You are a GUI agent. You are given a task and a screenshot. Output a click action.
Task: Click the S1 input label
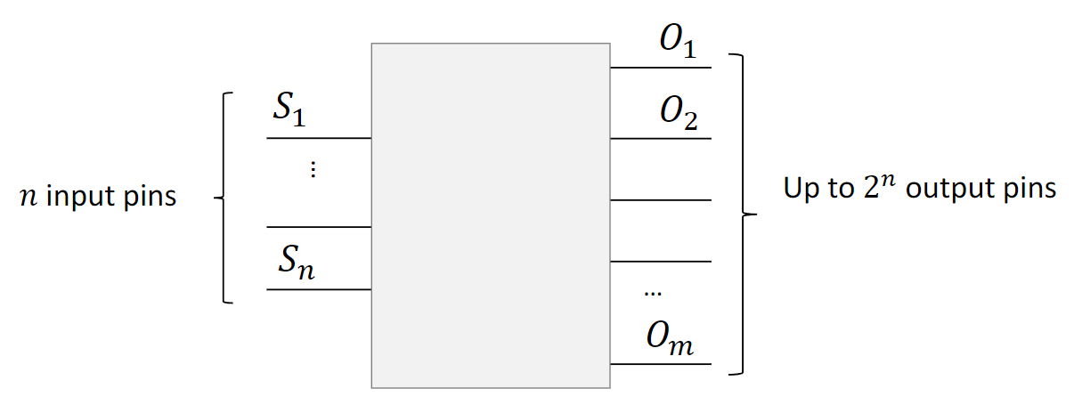point(289,112)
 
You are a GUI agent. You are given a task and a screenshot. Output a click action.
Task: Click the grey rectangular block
point(490,215)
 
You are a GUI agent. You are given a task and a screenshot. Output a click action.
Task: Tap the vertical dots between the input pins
point(313,170)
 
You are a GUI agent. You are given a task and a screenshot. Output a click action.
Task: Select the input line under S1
point(318,139)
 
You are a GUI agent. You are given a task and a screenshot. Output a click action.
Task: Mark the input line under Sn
point(318,289)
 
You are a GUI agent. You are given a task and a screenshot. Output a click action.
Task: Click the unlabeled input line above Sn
point(318,227)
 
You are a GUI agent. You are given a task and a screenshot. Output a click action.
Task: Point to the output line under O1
point(660,68)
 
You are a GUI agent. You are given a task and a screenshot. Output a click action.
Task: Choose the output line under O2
point(660,139)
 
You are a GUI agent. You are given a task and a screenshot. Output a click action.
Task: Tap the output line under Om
point(660,364)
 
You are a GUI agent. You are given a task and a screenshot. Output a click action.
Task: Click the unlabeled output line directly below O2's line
point(660,200)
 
